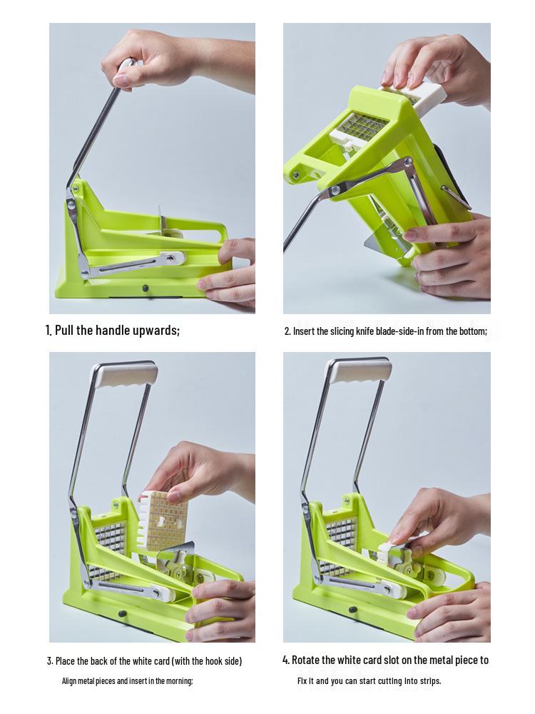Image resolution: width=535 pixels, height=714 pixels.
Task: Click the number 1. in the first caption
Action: (49, 331)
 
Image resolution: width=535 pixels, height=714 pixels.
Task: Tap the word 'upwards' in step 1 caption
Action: (154, 331)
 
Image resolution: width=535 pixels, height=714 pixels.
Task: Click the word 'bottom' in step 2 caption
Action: (472, 331)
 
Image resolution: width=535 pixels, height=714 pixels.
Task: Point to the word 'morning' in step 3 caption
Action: (178, 681)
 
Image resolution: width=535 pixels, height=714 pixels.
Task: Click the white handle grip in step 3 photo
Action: (125, 373)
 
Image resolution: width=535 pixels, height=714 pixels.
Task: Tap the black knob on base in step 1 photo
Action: (146, 288)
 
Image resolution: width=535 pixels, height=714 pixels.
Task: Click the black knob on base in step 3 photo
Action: (123, 613)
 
